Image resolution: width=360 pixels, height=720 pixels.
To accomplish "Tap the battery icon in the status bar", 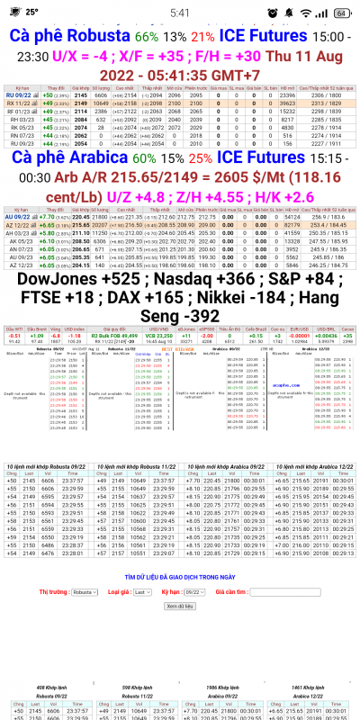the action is [341, 13].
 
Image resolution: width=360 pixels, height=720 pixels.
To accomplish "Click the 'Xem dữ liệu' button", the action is [180, 580].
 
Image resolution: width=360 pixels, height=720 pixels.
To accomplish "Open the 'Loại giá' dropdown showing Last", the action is [140, 568].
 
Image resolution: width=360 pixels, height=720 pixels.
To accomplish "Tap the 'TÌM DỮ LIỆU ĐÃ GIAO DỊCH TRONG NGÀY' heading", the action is [180, 550].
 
